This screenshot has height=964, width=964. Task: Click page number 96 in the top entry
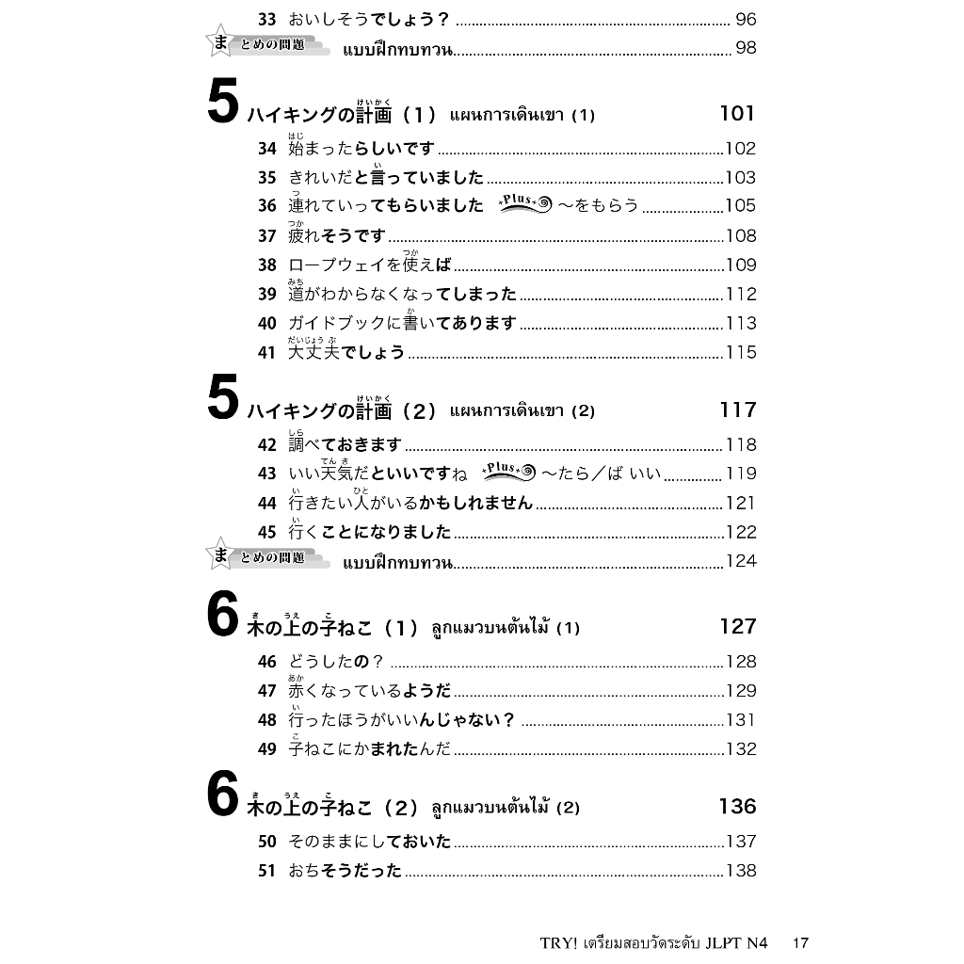point(746,19)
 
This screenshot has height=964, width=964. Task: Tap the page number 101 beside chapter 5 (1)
point(737,114)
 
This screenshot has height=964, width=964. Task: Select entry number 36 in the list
point(266,206)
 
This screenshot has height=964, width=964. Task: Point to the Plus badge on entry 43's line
point(508,472)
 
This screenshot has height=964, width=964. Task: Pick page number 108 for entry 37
point(741,235)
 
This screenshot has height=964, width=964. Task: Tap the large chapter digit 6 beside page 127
point(222,617)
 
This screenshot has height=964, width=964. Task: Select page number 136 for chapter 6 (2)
point(737,807)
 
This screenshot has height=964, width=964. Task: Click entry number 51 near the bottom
point(266,871)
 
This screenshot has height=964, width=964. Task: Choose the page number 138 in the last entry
point(741,871)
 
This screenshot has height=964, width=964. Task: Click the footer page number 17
point(801,942)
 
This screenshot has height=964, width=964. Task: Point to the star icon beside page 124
point(219,554)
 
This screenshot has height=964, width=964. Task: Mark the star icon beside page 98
point(219,41)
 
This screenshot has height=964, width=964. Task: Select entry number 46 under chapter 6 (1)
point(266,662)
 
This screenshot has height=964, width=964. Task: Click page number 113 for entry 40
point(741,323)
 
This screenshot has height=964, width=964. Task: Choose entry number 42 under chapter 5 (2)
point(266,444)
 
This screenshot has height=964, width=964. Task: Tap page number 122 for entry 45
point(741,532)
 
